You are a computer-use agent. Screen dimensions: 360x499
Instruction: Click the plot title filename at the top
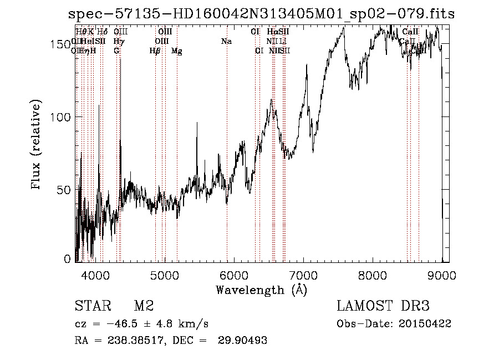pos(261,14)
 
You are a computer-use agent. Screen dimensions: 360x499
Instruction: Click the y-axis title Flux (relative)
pos(37,146)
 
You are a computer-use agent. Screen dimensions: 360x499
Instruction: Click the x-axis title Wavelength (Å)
pos(261,290)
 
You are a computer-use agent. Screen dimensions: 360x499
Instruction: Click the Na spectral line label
pos(226,42)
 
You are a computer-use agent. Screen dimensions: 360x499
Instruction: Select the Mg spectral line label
pos(177,51)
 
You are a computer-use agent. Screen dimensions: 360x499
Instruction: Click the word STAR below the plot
pos(91,306)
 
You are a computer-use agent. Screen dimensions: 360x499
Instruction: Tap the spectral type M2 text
pos(144,306)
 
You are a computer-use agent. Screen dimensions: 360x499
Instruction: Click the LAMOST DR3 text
pos(383,306)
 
